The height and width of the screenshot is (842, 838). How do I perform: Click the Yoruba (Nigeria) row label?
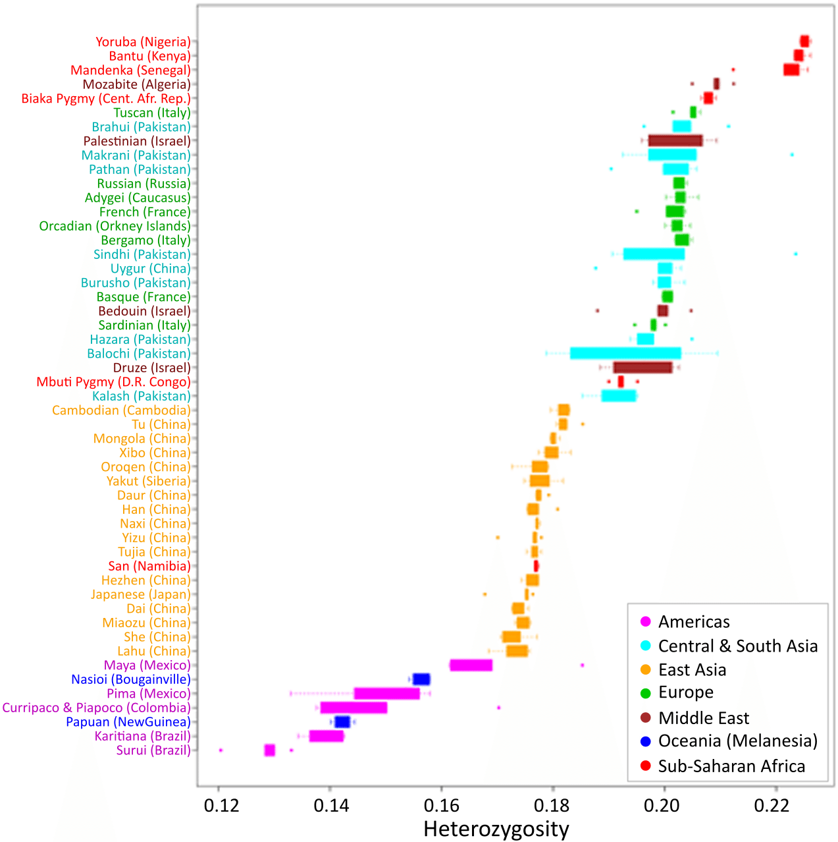point(143,42)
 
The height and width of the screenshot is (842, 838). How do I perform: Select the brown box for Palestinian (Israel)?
point(675,140)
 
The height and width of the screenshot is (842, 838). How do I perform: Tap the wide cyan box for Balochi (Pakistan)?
point(625,353)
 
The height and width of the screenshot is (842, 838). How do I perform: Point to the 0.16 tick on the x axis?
point(441,806)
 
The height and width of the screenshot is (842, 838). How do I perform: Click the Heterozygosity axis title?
point(496,829)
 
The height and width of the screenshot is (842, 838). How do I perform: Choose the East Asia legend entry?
point(692,670)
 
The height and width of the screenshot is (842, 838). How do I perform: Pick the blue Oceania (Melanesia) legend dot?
point(645,741)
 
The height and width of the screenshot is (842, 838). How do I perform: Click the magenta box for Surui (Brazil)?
point(269,750)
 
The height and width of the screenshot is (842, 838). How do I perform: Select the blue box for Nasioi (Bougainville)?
point(421,679)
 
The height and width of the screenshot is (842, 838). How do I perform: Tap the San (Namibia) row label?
point(149,566)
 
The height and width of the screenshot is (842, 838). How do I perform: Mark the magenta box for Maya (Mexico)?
point(471,665)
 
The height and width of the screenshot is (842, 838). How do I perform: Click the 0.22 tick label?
point(775,806)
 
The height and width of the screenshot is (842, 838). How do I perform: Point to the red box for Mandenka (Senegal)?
point(791,70)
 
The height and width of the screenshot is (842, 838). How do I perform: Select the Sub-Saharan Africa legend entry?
point(731,766)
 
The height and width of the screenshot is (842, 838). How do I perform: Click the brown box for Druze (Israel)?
point(642,368)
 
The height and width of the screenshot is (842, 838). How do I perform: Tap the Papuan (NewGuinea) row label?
point(128,722)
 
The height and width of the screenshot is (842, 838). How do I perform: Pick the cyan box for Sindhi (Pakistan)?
point(654,254)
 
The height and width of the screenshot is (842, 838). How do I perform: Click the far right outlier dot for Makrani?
point(792,155)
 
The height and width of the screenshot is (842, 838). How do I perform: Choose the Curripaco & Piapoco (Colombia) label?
point(96,708)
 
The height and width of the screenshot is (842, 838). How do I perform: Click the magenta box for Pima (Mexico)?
point(386,694)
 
